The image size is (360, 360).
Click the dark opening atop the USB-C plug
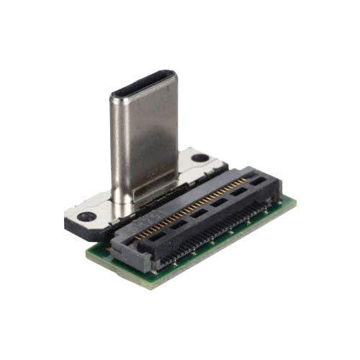(144, 84)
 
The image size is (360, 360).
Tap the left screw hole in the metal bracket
(87, 216)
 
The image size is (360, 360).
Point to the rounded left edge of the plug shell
(114, 144)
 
